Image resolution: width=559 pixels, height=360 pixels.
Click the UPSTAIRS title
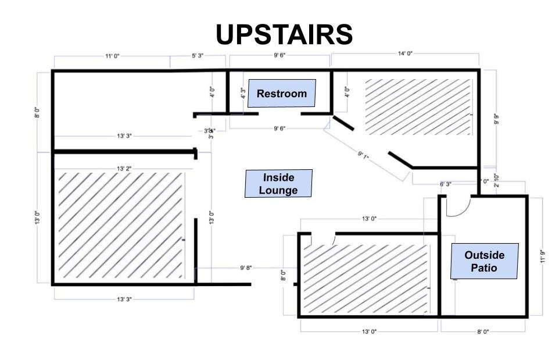coord(284,35)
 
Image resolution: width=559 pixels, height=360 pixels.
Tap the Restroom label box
coord(282,94)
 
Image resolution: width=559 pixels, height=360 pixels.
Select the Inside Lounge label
coord(278,184)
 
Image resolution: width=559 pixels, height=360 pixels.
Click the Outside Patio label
coord(485,261)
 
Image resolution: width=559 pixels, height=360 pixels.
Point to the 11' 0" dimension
coord(112,56)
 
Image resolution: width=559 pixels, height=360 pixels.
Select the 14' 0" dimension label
coord(405,54)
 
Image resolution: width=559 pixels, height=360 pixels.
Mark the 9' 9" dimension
coord(496,119)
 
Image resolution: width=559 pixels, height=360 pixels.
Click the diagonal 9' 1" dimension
coord(363,155)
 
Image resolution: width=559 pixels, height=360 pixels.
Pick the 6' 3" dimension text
coord(446,184)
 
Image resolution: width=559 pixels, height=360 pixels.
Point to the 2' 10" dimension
coord(496,179)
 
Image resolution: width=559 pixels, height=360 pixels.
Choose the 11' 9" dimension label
coord(543,256)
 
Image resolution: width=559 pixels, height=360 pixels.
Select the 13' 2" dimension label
coord(124,168)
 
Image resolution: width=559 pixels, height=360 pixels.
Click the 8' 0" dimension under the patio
coord(482,332)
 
